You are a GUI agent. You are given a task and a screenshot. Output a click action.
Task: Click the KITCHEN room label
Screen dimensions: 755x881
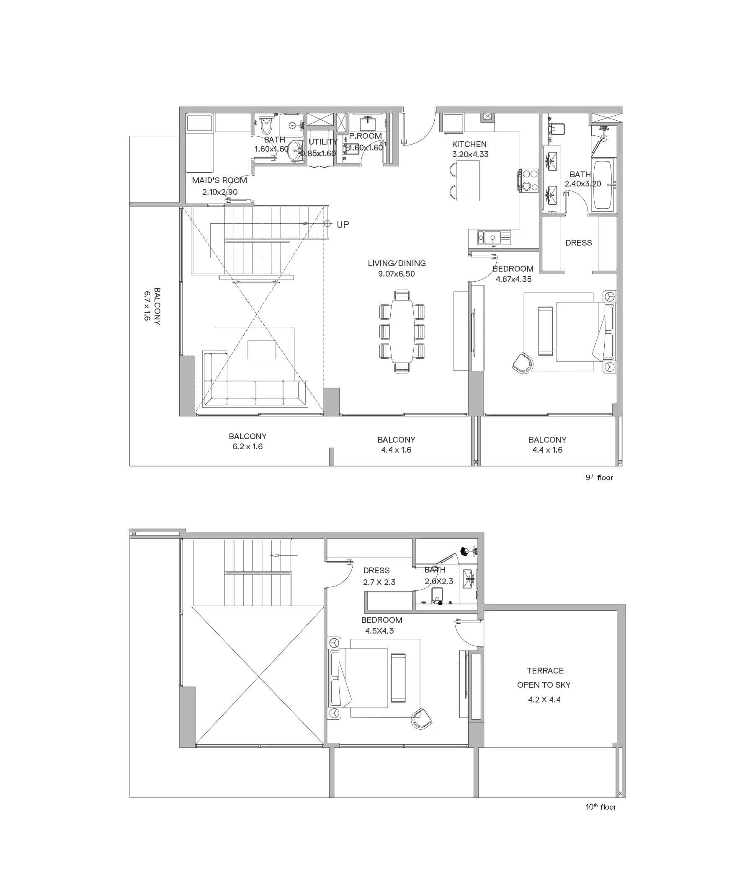tap(469, 144)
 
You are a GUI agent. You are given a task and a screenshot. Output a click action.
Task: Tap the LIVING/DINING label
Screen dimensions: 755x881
tap(397, 263)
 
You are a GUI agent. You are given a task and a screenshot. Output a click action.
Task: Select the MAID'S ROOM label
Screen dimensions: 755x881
tap(219, 180)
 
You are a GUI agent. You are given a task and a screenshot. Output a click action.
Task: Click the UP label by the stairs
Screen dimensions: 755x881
tap(343, 225)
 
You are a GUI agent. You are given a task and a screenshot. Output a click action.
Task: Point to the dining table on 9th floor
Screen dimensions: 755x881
tap(402, 331)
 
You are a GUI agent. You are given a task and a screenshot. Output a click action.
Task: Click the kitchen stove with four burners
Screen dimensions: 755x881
tap(528, 181)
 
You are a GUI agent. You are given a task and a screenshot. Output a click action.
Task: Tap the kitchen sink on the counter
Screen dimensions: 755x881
tap(493, 237)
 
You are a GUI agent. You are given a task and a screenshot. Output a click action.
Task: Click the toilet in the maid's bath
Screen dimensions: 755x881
tap(266, 124)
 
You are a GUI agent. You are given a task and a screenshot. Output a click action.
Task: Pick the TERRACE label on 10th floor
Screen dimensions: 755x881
tap(545, 671)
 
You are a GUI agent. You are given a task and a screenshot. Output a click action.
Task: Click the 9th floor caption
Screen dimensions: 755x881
tap(599, 477)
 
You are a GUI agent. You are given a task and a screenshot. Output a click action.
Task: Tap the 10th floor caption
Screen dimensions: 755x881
tap(601, 807)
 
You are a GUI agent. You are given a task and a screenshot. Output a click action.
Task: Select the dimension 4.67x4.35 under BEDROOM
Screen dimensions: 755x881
tap(513, 280)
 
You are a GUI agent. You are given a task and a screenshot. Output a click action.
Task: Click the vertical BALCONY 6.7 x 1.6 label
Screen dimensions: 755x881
tap(152, 306)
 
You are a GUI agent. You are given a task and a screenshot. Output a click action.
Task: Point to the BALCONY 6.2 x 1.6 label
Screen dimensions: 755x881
tap(248, 441)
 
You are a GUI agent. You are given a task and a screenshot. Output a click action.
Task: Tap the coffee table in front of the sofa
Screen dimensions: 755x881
tap(262, 350)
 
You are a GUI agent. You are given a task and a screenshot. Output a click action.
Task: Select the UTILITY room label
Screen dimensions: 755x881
tap(323, 142)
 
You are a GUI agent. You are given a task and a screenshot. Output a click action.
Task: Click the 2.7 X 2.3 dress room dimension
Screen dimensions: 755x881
tap(379, 582)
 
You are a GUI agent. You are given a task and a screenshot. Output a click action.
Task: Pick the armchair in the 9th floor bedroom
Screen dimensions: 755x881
tap(523, 363)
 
